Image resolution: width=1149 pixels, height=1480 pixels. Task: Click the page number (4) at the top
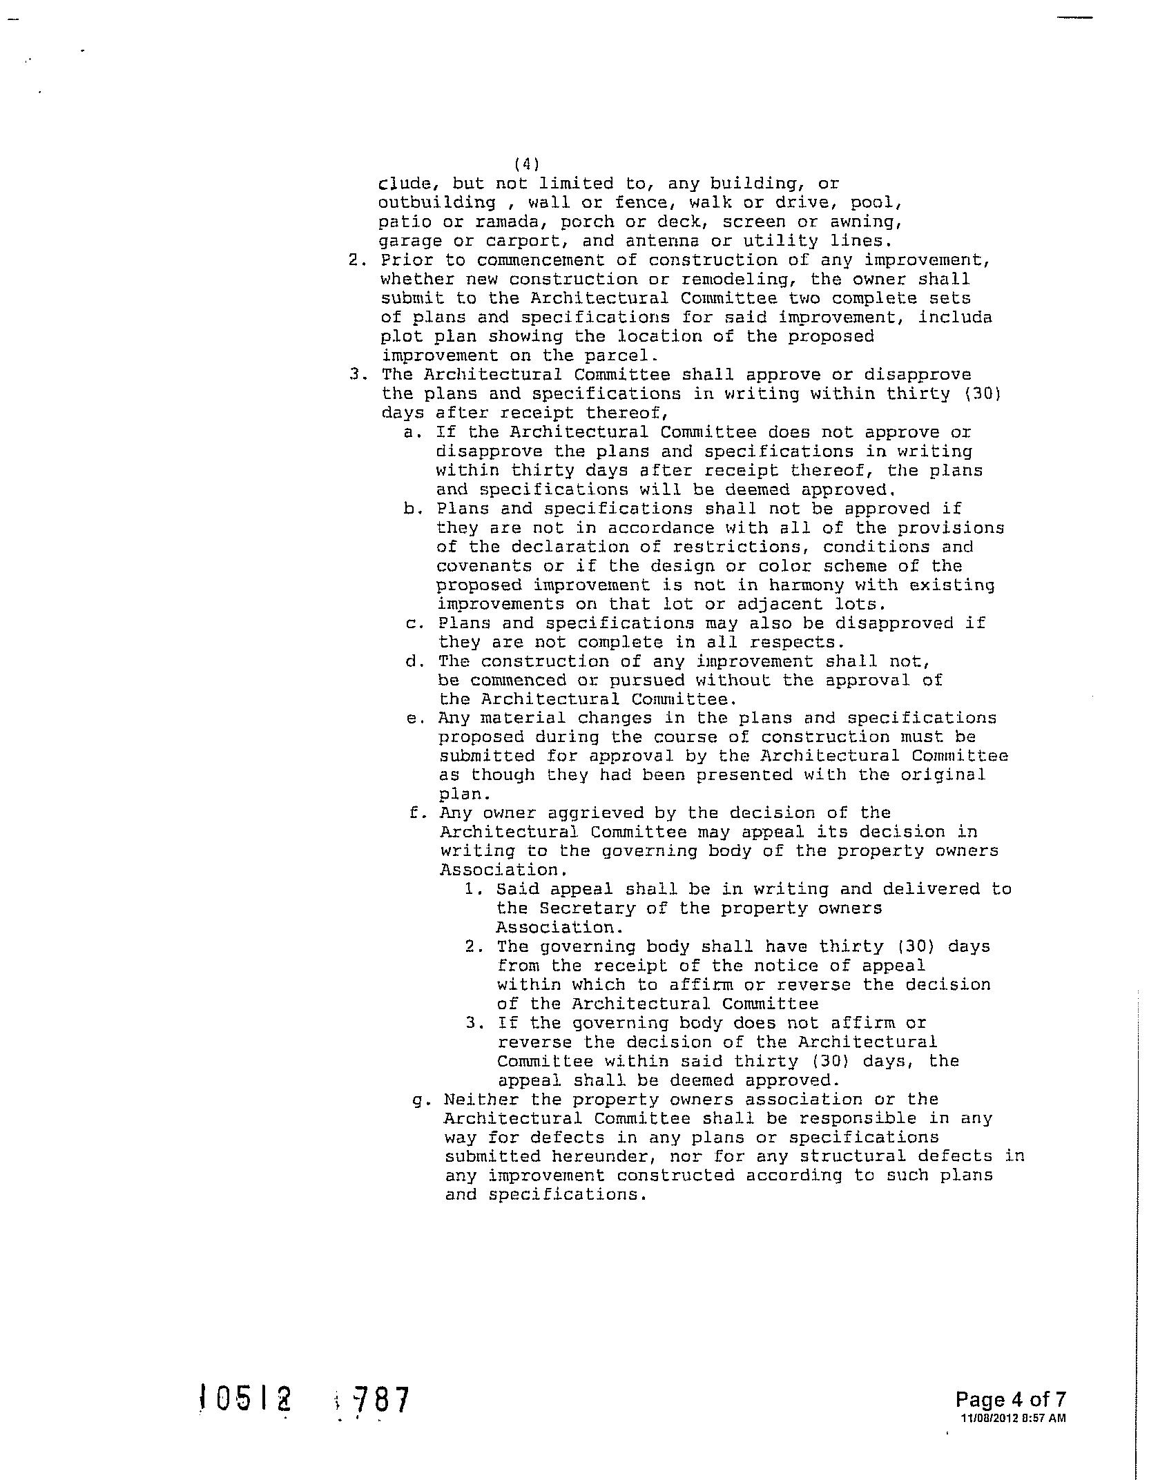coord(527,164)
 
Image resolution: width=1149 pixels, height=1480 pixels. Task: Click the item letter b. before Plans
coord(412,509)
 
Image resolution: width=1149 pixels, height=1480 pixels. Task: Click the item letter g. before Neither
coord(420,1099)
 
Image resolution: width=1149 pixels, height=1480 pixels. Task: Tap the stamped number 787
coord(380,1401)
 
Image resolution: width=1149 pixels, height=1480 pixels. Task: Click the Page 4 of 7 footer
coord(1010,1399)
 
